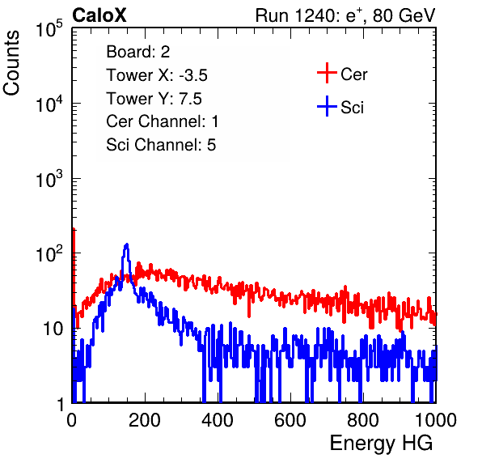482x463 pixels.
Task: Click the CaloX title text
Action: pos(99,15)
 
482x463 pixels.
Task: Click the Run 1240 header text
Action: pos(345,15)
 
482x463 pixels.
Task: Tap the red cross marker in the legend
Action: pos(327,73)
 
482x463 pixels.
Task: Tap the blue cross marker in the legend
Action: pos(327,107)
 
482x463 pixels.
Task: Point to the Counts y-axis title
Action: pos(11,63)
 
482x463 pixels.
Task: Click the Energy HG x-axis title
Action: pos(381,444)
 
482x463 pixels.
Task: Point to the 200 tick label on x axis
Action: pos(145,420)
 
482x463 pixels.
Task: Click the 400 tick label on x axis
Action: pos(218,420)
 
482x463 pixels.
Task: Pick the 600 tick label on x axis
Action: pos(290,420)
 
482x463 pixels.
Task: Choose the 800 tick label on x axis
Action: pos(363,420)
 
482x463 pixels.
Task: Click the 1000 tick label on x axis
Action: pos(436,420)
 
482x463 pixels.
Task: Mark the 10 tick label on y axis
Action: pos(53,329)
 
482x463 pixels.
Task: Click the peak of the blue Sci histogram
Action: pos(127,244)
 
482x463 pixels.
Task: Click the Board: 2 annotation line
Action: pos(138,52)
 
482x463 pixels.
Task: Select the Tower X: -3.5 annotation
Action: pos(157,75)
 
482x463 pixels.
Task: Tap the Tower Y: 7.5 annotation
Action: pos(154,99)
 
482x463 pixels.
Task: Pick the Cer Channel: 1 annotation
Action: pos(163,121)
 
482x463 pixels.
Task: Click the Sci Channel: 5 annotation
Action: pos(161,144)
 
